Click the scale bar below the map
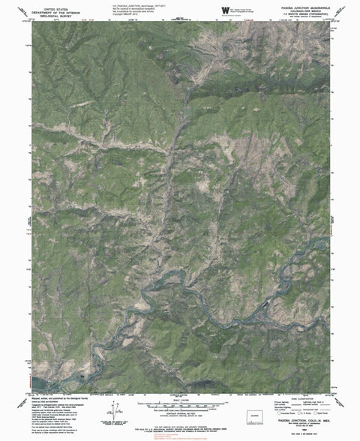click(x=179, y=403)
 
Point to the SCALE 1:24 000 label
click(x=179, y=397)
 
